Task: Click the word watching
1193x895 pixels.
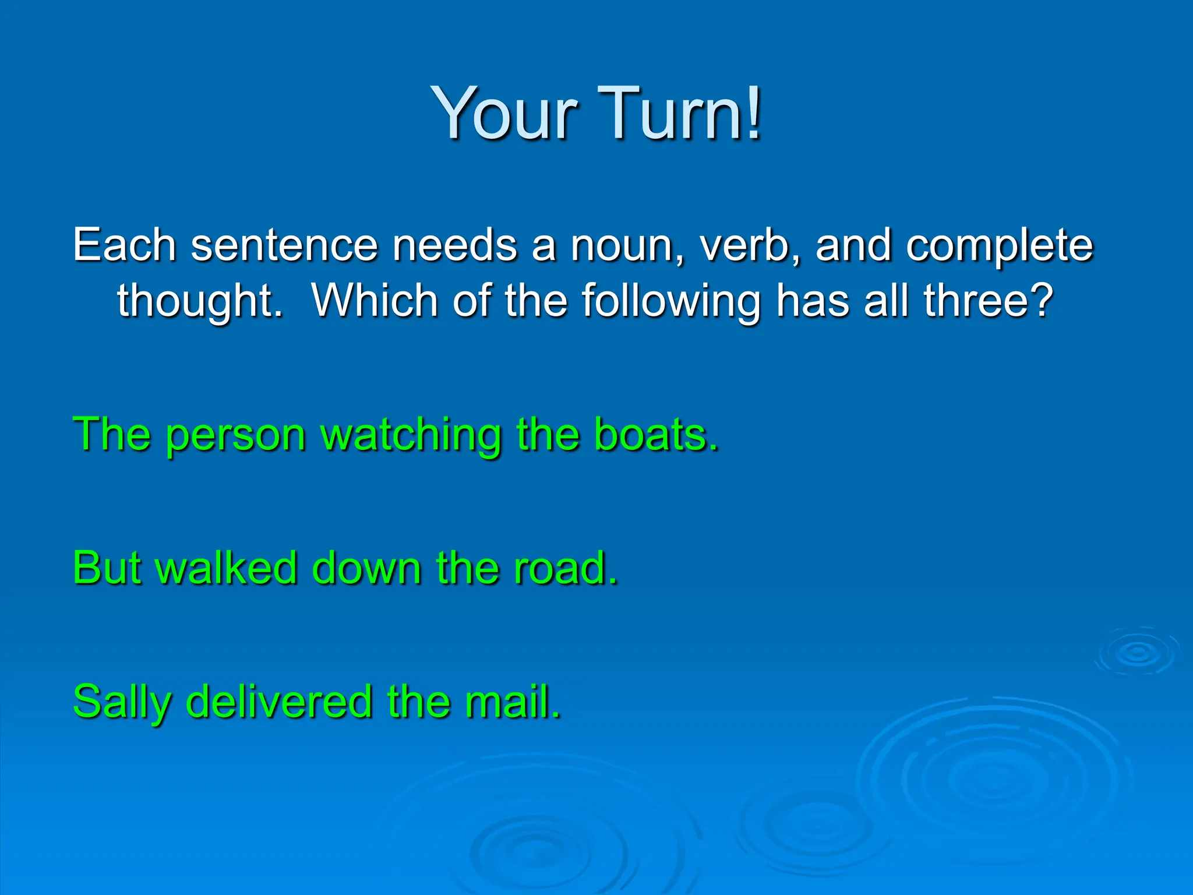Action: pyautogui.click(x=411, y=436)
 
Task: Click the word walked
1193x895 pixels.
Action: pyautogui.click(x=227, y=568)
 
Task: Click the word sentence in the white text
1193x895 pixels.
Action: pyautogui.click(x=284, y=246)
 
